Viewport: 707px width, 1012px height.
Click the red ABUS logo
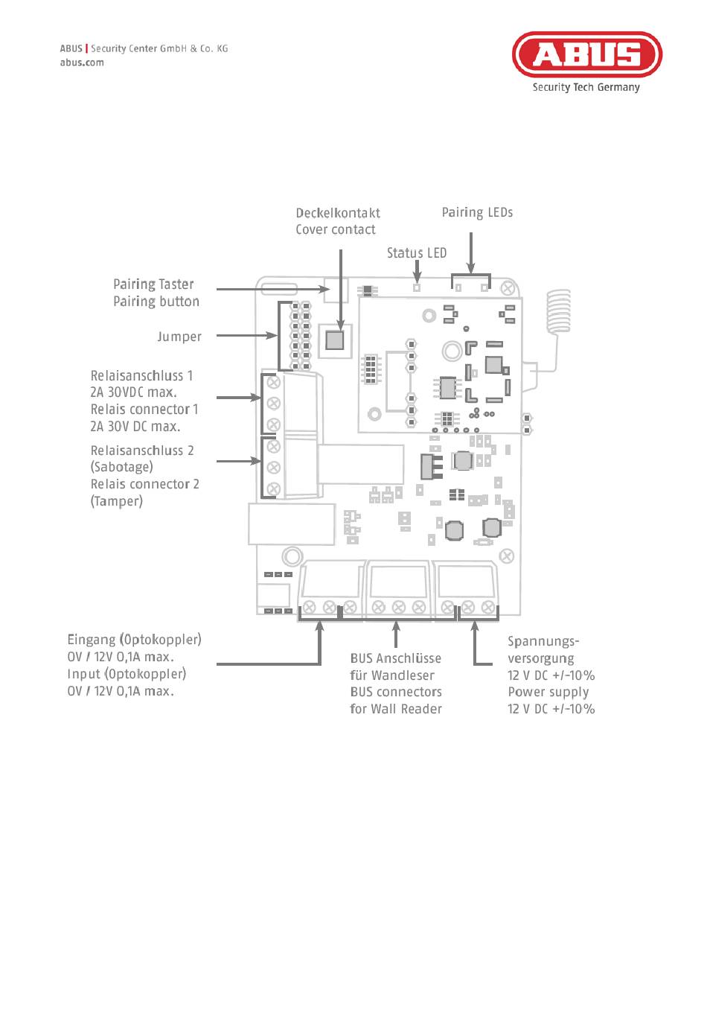click(586, 54)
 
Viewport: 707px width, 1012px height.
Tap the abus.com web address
click(82, 63)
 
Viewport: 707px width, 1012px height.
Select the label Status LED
click(416, 253)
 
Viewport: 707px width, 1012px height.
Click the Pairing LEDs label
click(477, 213)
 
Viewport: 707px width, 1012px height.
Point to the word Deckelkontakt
click(338, 213)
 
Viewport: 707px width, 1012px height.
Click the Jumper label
click(179, 337)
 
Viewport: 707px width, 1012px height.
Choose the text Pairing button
click(156, 302)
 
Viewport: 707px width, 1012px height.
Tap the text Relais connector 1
click(144, 410)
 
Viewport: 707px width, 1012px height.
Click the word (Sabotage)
click(122, 467)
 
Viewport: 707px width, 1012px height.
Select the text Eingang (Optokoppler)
click(134, 640)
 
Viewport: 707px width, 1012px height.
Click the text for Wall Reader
click(396, 709)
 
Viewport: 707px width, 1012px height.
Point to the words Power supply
click(548, 692)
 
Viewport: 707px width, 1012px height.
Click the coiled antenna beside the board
click(559, 311)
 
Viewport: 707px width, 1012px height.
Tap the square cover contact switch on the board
click(335, 340)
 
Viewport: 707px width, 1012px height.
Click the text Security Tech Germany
click(586, 87)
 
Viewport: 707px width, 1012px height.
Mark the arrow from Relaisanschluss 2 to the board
click(239, 461)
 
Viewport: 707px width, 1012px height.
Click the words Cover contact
click(336, 230)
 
